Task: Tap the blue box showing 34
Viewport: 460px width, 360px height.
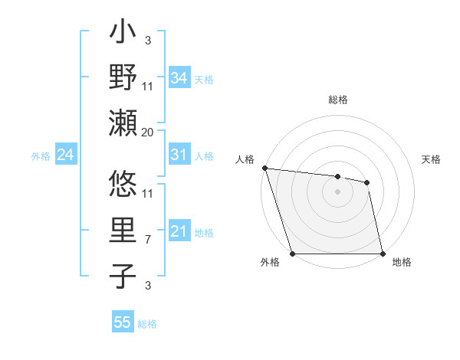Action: click(x=179, y=77)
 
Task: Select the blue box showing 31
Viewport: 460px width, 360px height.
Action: click(x=179, y=155)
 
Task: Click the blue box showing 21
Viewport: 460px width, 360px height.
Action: click(x=179, y=232)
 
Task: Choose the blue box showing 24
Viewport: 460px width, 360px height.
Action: click(x=65, y=155)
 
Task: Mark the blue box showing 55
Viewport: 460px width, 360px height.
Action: click(x=123, y=322)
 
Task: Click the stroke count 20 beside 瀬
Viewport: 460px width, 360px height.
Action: click(x=148, y=132)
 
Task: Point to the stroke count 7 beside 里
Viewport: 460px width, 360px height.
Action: click(x=148, y=241)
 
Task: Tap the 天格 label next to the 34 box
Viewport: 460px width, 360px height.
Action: click(x=203, y=79)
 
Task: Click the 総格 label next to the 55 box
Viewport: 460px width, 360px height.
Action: click(x=147, y=324)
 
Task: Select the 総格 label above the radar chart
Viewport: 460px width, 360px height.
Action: click(x=338, y=100)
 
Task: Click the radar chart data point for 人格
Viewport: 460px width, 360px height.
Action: click(x=264, y=168)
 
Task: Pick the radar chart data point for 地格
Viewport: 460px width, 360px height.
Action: click(x=383, y=253)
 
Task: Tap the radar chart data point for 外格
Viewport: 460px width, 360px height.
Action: click(x=292, y=253)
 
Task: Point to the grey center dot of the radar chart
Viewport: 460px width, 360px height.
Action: click(x=337, y=191)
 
